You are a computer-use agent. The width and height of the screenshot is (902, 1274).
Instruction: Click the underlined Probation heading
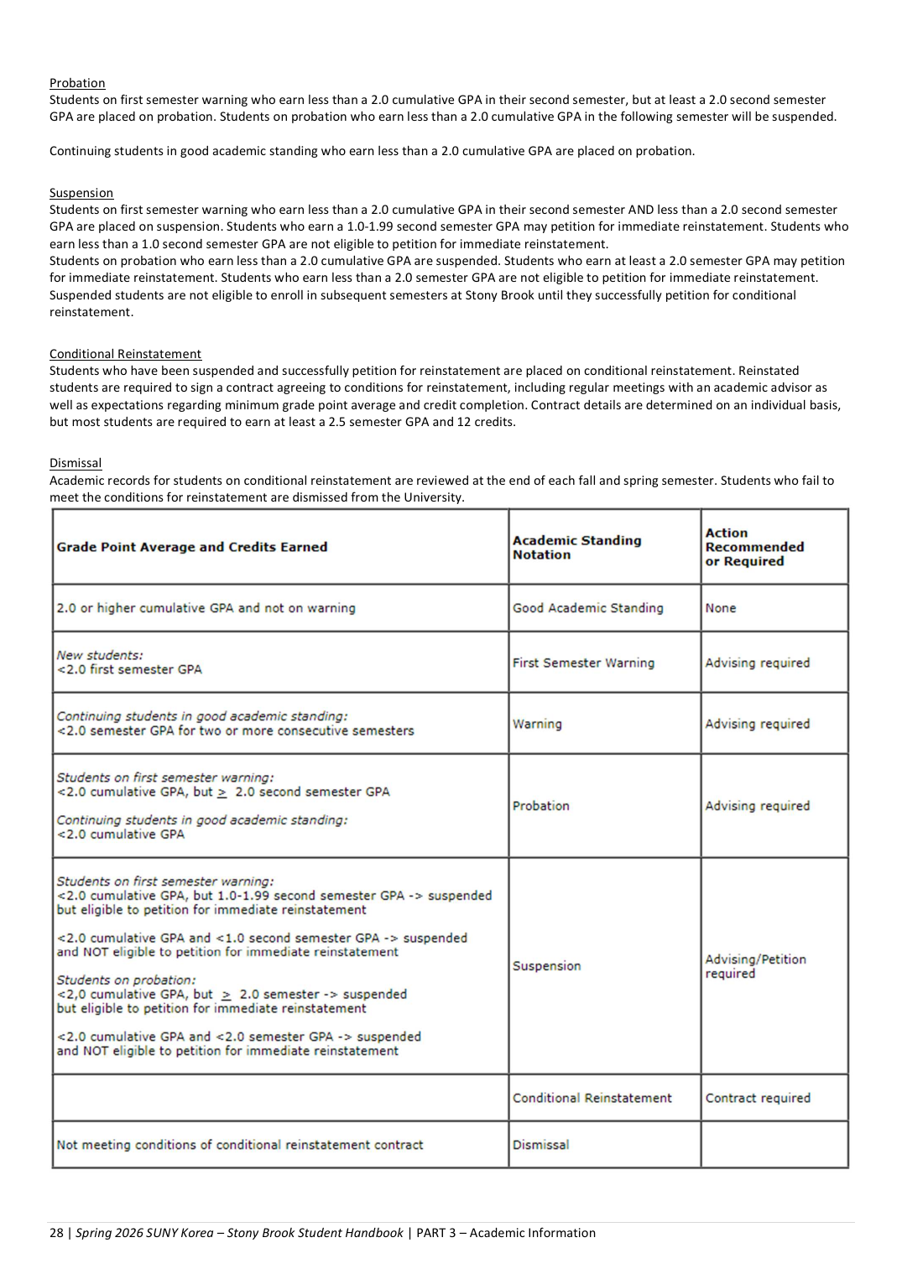click(77, 83)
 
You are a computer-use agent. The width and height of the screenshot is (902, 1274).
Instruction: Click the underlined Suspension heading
click(81, 193)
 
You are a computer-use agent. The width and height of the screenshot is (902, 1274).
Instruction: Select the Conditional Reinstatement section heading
click(125, 354)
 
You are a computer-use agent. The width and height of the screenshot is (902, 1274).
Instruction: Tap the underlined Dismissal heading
click(76, 463)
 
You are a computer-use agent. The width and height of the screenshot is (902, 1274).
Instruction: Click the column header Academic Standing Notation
click(577, 547)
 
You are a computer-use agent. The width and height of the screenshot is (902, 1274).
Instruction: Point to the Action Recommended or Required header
click(754, 547)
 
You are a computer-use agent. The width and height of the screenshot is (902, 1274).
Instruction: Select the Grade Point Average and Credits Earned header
click(192, 547)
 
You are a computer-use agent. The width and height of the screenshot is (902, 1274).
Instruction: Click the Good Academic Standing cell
click(588, 608)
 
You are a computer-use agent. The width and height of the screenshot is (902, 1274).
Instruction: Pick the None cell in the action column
click(721, 608)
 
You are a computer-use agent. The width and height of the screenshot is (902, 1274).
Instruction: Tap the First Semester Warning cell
click(583, 663)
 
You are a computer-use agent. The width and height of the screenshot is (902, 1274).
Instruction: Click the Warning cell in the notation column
click(538, 724)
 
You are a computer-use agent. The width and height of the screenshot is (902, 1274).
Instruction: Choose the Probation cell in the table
click(541, 806)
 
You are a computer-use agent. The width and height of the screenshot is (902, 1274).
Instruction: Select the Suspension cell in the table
click(547, 966)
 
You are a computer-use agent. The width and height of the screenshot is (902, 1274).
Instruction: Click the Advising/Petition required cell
click(755, 966)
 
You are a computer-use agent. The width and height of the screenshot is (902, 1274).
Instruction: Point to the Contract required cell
click(758, 1098)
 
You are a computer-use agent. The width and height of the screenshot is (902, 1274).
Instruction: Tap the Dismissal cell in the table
click(541, 1145)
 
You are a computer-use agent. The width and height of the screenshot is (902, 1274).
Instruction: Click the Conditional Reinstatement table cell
click(592, 1098)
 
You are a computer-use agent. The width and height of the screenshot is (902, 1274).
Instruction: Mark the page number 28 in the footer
click(56, 1233)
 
